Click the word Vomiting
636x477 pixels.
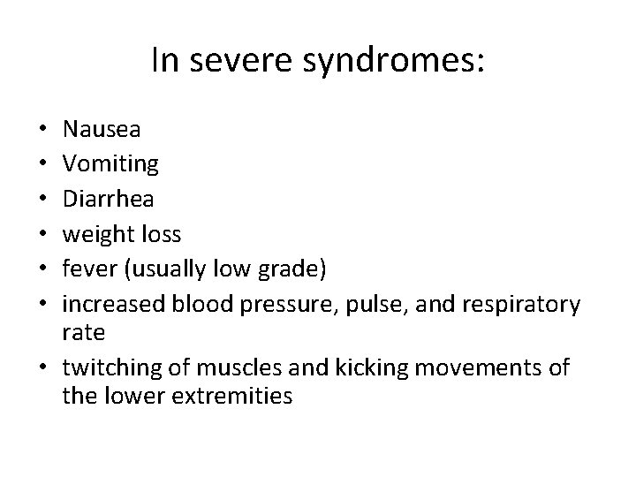pos(110,164)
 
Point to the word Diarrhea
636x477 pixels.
pos(108,199)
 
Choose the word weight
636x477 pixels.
pos(96,234)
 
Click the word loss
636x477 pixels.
pos(159,234)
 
